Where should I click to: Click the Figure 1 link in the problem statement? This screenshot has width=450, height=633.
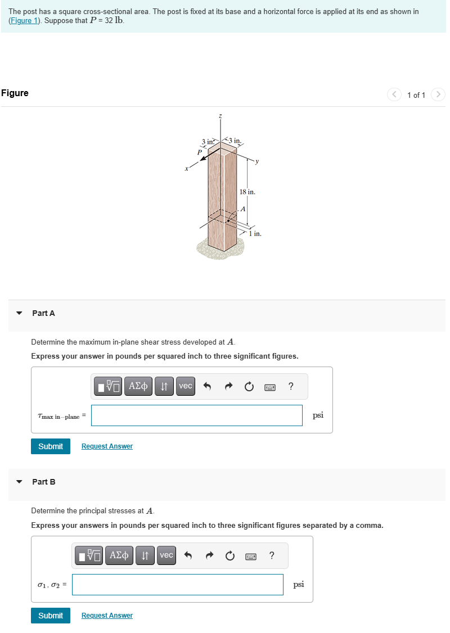click(24, 21)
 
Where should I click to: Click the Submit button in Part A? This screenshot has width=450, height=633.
click(51, 446)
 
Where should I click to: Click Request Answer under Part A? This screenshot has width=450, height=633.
click(107, 446)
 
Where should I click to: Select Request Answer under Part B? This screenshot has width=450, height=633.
click(107, 616)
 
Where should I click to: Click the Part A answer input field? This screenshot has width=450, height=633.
click(196, 415)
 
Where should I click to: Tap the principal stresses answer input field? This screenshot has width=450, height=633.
click(177, 585)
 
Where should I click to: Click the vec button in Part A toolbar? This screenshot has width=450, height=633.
click(185, 386)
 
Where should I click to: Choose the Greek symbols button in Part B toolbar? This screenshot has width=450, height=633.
click(119, 555)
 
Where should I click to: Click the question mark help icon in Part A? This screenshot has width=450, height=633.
click(290, 386)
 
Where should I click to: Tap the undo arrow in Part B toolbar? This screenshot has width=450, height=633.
click(188, 556)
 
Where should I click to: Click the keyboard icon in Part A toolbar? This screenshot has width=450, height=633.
click(269, 387)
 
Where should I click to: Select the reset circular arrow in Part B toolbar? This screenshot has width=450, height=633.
click(229, 556)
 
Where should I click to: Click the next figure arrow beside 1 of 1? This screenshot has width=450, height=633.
click(439, 94)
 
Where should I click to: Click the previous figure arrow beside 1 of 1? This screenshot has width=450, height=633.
click(394, 94)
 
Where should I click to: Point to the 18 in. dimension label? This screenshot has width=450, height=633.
click(247, 192)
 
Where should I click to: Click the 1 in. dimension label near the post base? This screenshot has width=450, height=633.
click(255, 233)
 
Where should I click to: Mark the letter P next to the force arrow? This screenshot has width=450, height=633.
click(199, 151)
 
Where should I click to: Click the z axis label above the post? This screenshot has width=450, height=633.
click(220, 116)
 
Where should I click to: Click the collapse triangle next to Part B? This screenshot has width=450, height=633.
click(20, 482)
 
